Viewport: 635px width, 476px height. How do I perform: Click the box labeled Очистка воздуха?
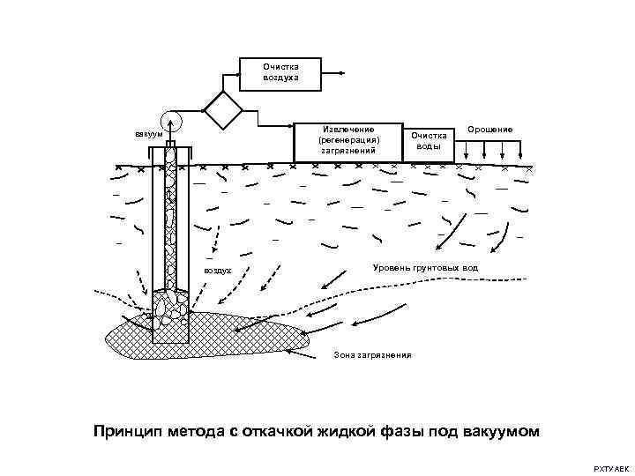(280, 73)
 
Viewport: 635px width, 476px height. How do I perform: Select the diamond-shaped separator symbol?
(223, 110)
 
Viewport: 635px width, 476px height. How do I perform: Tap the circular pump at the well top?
(169, 123)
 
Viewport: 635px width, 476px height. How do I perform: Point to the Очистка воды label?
(430, 141)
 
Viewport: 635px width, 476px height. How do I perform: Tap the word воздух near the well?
(217, 271)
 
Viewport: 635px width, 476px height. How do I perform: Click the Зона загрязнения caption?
(372, 355)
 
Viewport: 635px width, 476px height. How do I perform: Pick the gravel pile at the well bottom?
(169, 305)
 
